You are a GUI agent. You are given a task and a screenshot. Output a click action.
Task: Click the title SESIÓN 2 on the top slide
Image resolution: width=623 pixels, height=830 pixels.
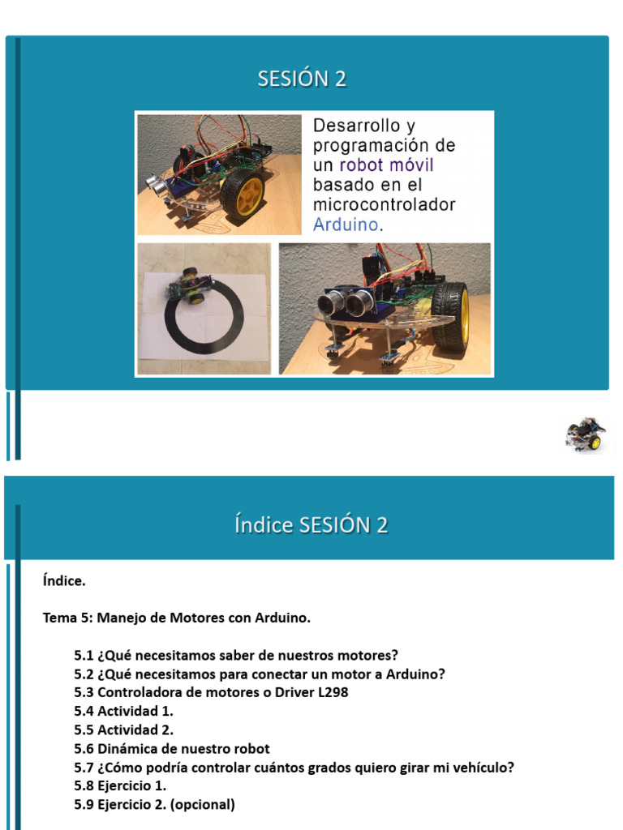tap(302, 79)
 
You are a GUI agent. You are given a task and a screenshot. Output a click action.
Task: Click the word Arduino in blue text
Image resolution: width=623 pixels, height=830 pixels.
tap(346, 225)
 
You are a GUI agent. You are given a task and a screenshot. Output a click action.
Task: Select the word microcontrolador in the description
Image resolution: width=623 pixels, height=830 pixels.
tap(384, 205)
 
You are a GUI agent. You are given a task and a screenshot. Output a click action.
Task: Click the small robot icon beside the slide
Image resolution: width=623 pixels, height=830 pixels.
tap(586, 434)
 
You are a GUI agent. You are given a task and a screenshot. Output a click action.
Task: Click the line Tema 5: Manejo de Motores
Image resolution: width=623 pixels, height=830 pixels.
tap(176, 618)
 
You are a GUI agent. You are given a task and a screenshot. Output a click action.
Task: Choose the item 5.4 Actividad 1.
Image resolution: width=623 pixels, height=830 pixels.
tap(123, 711)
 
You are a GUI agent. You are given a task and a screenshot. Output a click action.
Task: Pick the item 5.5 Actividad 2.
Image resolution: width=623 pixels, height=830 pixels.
tap(123, 729)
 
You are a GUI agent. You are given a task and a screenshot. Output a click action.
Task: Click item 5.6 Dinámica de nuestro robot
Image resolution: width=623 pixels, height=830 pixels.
tap(172, 748)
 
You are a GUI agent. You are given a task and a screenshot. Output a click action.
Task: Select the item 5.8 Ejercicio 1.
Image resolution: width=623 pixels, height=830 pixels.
tap(120, 785)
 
